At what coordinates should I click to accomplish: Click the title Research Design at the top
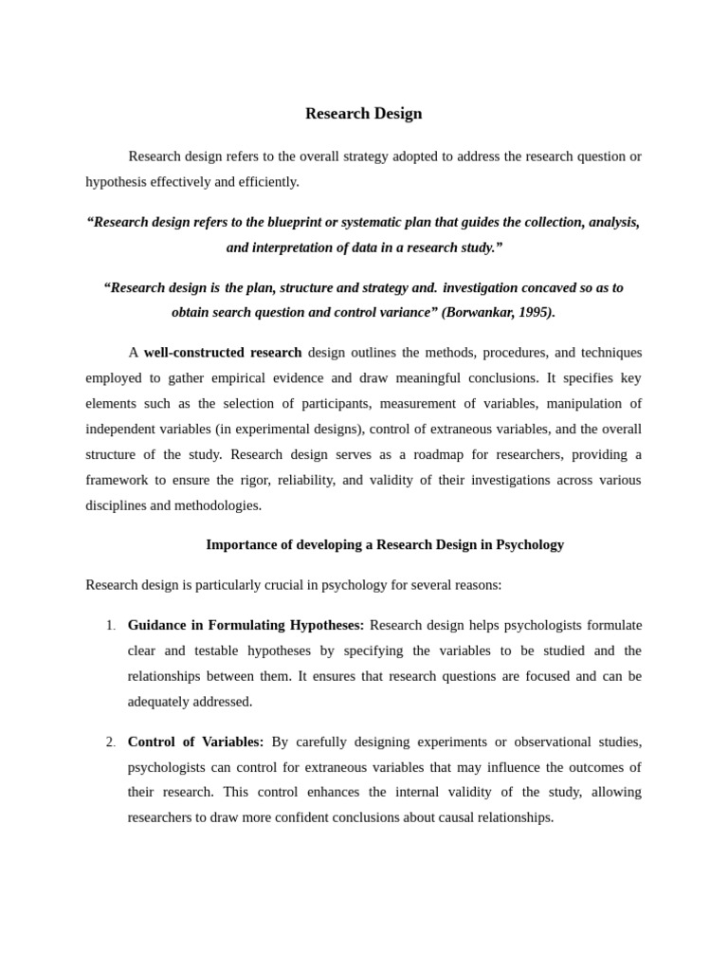click(363, 114)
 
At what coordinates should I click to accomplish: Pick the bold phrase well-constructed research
click(223, 353)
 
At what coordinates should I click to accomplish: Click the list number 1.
click(110, 626)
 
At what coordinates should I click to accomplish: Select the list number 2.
click(110, 742)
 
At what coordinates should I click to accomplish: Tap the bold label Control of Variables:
click(195, 742)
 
